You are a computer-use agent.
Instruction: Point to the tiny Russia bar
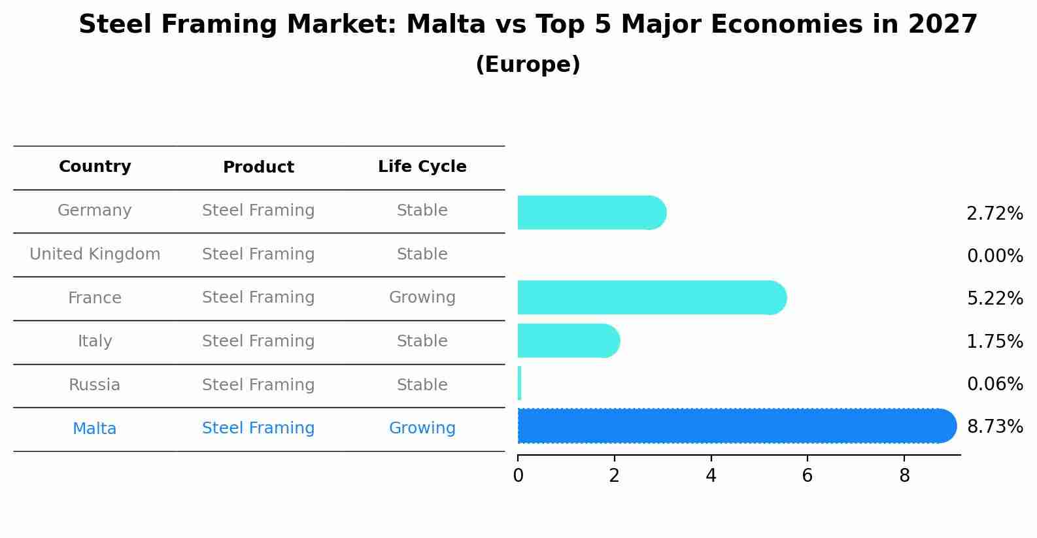click(x=519, y=383)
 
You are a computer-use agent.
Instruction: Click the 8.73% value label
click(x=994, y=427)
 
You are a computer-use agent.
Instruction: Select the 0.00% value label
click(x=994, y=256)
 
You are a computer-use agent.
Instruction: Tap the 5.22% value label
click(x=994, y=299)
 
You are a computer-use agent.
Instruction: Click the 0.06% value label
click(x=994, y=384)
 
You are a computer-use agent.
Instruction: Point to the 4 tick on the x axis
click(x=711, y=476)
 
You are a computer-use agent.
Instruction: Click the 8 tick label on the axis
click(x=904, y=476)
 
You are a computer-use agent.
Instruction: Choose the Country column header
click(x=95, y=167)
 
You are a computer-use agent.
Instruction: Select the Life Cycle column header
click(x=422, y=167)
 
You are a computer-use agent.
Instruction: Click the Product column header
click(x=258, y=167)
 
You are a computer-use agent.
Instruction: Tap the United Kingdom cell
click(x=95, y=254)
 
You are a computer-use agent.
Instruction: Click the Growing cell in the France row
click(x=422, y=297)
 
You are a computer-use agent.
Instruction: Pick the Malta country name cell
click(x=95, y=429)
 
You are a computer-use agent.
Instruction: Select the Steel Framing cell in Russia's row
click(x=258, y=385)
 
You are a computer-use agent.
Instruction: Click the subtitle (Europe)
click(x=528, y=65)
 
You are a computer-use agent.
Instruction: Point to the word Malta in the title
click(x=446, y=25)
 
